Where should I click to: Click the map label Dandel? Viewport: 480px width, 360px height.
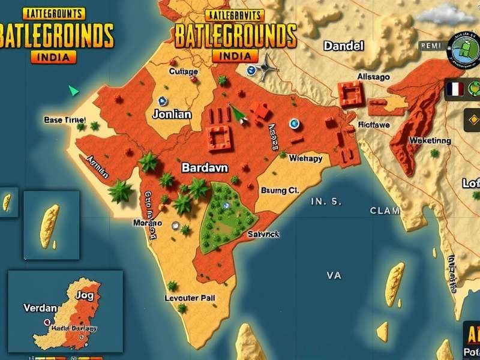(344, 46)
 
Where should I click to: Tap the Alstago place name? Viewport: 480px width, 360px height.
(373, 77)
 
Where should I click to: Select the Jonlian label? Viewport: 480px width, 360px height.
(172, 114)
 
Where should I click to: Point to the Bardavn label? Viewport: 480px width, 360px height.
(205, 167)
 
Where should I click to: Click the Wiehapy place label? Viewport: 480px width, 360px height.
(305, 159)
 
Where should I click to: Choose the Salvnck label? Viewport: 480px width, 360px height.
(263, 235)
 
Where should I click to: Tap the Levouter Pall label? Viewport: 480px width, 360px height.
(190, 297)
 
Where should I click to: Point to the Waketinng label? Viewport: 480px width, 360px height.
(430, 140)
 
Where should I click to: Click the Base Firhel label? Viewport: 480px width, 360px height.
(65, 120)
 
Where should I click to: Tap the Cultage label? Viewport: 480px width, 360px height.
(183, 71)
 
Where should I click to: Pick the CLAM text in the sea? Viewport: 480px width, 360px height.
(385, 211)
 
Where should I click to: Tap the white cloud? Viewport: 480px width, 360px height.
(455, 13)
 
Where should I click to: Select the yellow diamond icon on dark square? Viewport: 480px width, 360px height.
(471, 121)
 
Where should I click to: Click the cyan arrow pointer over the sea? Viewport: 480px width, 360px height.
(74, 91)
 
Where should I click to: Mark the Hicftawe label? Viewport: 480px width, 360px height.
(374, 124)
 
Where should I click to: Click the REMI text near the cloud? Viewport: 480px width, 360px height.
(430, 45)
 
